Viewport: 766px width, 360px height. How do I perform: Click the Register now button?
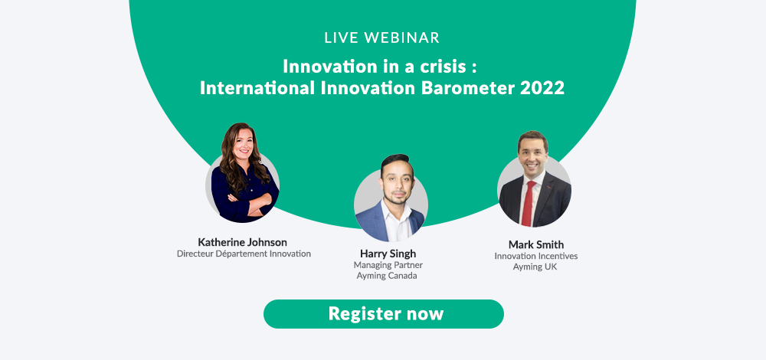(384, 313)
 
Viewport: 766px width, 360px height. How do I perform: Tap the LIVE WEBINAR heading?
(382, 38)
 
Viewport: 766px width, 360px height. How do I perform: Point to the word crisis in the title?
(440, 66)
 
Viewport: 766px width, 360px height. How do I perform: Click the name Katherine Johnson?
(243, 242)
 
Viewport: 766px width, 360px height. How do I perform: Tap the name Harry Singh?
(388, 254)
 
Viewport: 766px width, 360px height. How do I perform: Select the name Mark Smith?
(536, 244)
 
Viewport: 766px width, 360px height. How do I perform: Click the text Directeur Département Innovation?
(244, 254)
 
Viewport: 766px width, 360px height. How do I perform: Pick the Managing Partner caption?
(388, 265)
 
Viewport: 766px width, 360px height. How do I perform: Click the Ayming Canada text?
(388, 276)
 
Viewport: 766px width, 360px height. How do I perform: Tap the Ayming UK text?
(535, 267)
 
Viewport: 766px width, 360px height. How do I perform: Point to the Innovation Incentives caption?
(536, 256)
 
